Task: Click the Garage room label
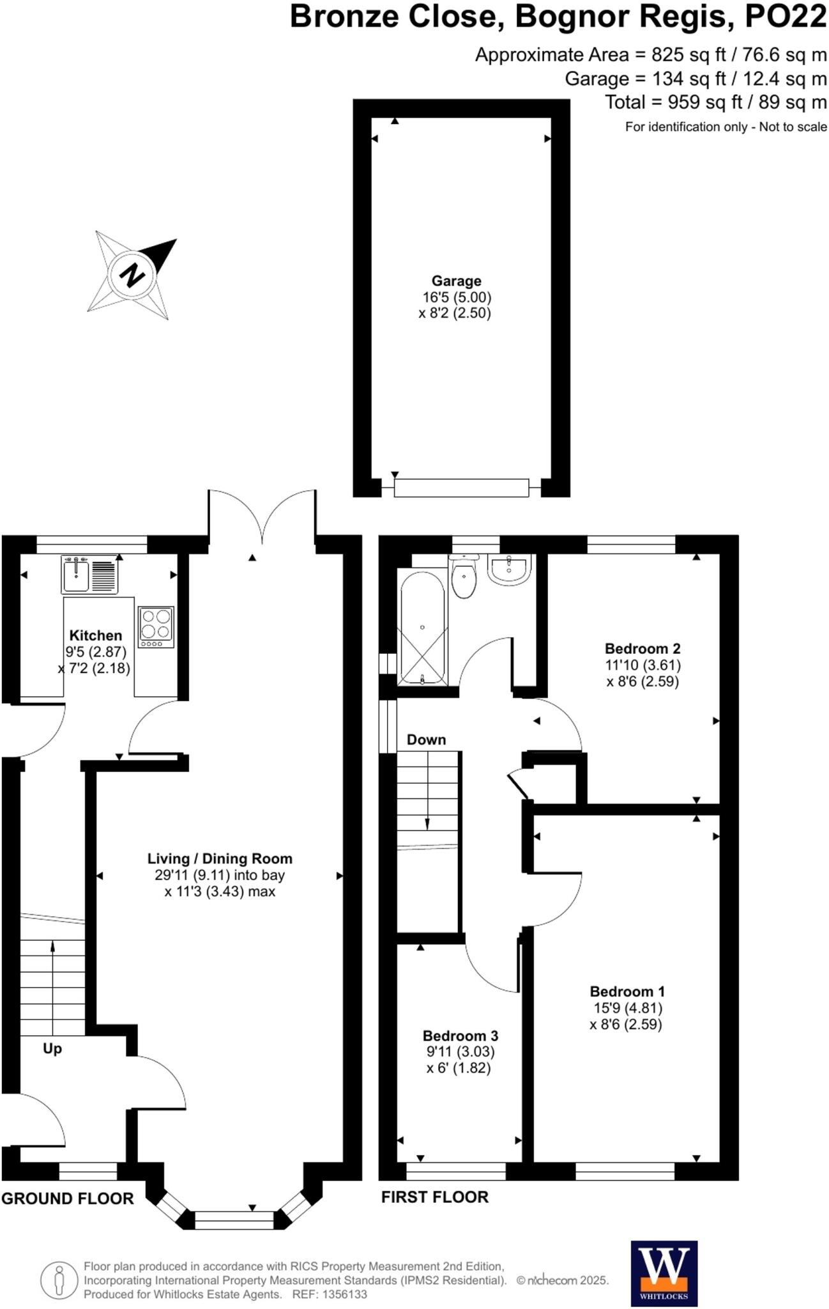(x=456, y=281)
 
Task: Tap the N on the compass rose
(x=132, y=275)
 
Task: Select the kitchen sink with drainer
(x=90, y=575)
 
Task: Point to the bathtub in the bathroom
(x=422, y=628)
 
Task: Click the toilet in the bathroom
(x=464, y=577)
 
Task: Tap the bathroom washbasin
(x=509, y=568)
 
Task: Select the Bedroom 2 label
(x=642, y=648)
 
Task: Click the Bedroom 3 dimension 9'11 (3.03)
(x=460, y=1051)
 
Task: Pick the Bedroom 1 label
(x=627, y=991)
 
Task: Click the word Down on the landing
(x=426, y=740)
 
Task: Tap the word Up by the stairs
(x=52, y=1049)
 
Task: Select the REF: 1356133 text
(x=330, y=1294)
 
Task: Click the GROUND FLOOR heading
(x=68, y=1198)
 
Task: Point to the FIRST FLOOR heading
(x=434, y=1197)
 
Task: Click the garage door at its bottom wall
(x=461, y=488)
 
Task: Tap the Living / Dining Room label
(x=220, y=858)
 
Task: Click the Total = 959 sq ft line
(x=715, y=102)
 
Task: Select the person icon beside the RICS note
(x=59, y=1281)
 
